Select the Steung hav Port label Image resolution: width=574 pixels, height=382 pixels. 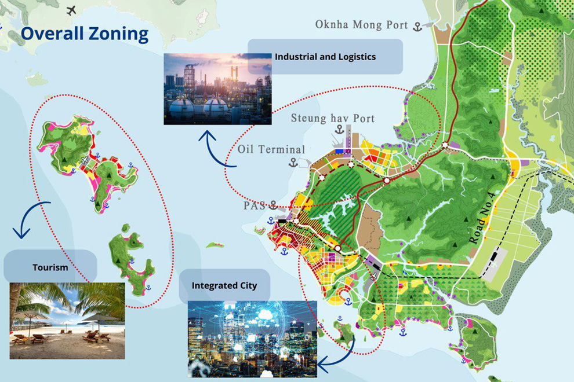pos(332,119)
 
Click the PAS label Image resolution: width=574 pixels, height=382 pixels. pos(253,205)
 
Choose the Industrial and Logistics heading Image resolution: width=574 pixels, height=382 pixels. pos(325,57)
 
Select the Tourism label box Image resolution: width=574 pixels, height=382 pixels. pos(50,267)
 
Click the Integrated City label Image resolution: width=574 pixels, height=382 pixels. pos(224,286)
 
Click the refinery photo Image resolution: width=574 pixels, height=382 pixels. pos(217,89)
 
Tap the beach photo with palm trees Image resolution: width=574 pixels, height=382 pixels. pos(67,321)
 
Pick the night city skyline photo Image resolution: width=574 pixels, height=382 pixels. pos(252,339)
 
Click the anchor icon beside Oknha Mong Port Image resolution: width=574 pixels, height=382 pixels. pos(417,25)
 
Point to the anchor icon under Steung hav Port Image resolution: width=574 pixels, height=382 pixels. pos(340,129)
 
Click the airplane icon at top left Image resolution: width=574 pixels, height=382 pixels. pos(72,10)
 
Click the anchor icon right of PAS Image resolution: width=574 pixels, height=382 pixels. pos(273,205)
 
